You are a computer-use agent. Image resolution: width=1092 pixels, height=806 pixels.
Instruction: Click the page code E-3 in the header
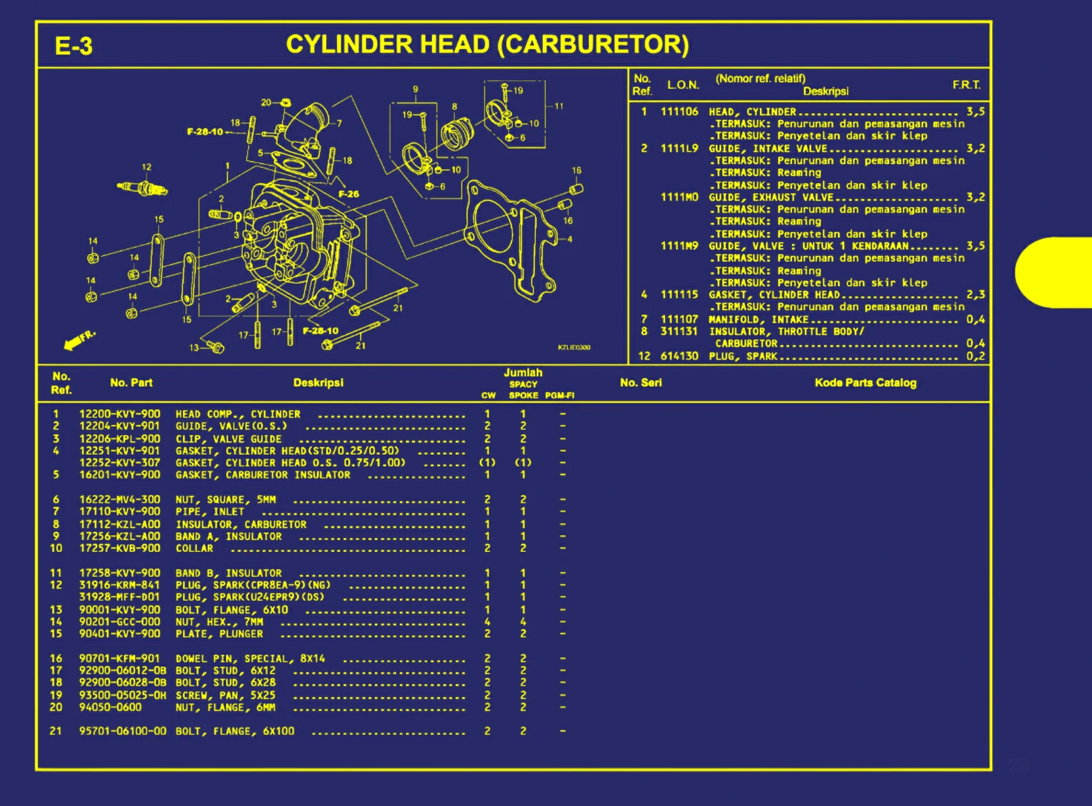74,46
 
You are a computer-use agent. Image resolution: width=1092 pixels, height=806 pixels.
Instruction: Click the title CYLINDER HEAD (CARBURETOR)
487,44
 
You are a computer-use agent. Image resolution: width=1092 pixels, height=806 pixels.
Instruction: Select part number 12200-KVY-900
119,414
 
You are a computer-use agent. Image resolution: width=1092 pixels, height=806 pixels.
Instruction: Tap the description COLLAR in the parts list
194,549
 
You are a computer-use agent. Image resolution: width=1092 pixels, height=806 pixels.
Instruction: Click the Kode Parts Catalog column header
865,383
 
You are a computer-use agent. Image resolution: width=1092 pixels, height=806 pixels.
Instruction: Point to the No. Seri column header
640,383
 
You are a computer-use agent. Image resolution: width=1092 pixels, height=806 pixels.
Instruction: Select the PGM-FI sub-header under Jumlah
560,395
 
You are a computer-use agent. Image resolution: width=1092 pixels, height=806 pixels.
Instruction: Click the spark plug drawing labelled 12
143,189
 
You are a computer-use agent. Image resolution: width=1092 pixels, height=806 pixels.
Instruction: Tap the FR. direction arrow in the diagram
77,340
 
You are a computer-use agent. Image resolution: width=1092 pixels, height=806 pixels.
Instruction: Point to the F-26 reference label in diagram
349,194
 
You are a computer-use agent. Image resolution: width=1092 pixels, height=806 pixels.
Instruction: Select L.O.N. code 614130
679,355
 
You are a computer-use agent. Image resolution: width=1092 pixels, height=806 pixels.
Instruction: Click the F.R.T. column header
966,85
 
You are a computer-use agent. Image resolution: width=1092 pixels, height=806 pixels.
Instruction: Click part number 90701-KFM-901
119,658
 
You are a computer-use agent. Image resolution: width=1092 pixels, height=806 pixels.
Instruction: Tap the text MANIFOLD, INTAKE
758,320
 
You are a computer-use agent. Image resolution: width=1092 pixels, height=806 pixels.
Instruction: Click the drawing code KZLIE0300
574,348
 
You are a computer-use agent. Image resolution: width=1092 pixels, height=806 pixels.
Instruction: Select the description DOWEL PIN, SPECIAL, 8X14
250,658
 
